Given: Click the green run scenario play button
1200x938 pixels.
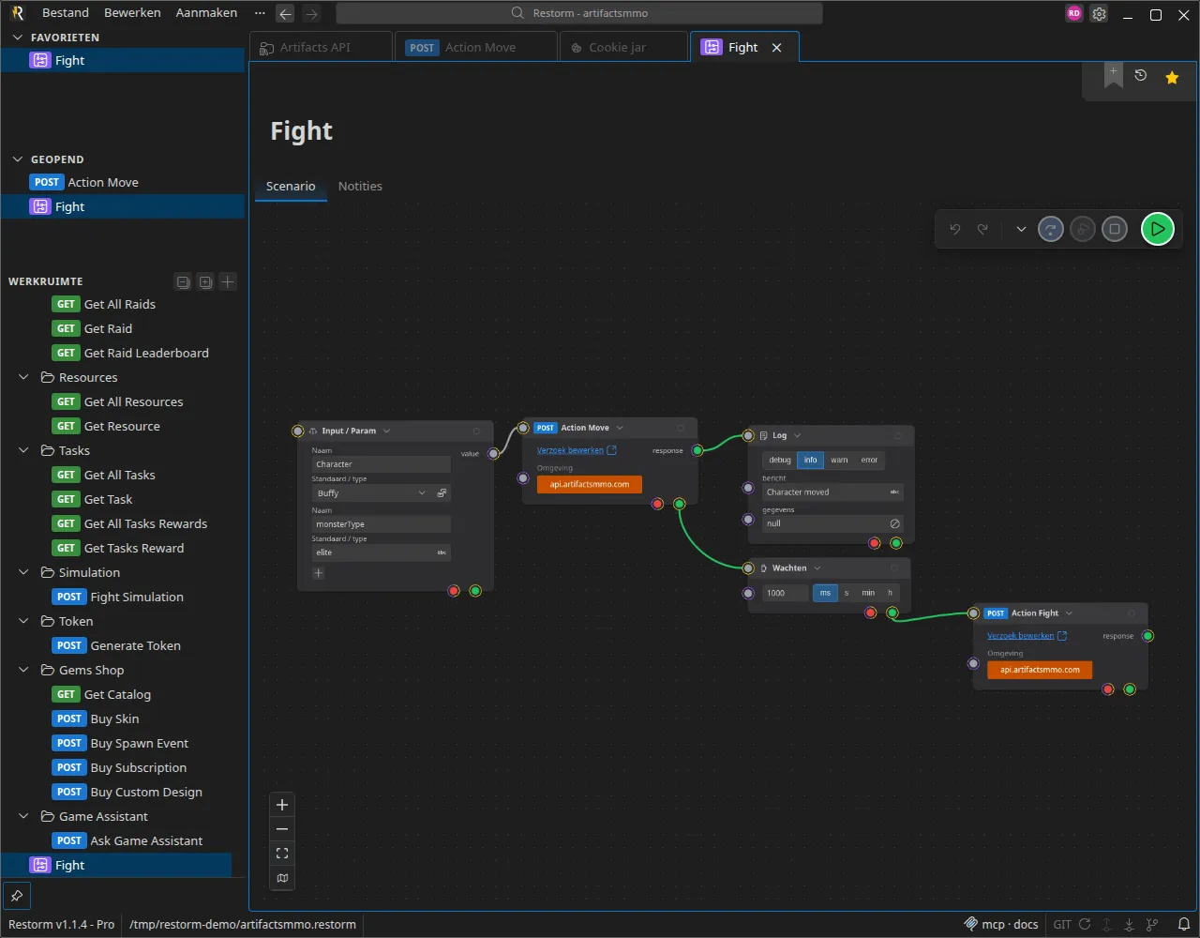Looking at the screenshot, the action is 1157,229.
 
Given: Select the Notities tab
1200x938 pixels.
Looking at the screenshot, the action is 360,186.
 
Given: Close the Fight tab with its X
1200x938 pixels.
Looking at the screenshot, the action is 776,48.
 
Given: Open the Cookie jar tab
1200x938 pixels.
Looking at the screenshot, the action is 617,48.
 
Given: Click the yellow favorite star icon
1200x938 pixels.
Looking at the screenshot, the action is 1171,77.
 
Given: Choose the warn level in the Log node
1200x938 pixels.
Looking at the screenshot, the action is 839,460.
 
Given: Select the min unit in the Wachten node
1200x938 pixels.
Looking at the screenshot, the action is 868,593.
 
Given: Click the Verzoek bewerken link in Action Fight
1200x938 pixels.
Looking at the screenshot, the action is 1020,636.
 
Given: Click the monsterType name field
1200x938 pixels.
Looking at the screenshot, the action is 381,523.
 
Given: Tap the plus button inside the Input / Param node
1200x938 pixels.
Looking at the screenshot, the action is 318,573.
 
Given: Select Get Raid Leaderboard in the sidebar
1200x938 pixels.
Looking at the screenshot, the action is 146,353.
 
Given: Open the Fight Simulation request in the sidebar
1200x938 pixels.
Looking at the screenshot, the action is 136,597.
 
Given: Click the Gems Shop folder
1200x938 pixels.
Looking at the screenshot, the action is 91,670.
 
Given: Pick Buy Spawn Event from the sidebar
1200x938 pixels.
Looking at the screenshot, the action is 139,743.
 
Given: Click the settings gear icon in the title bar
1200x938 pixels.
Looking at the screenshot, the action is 1099,14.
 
